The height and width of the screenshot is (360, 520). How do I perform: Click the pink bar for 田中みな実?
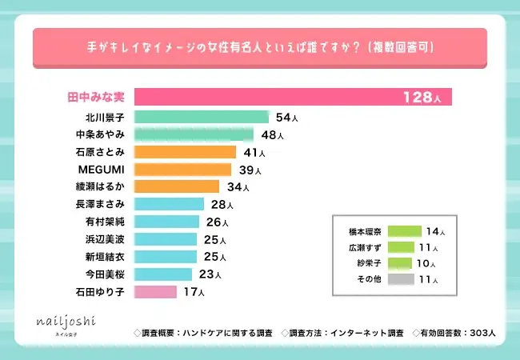coord(293,97)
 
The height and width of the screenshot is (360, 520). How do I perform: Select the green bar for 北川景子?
coord(202,117)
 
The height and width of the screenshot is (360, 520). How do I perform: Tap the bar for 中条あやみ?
coord(194,134)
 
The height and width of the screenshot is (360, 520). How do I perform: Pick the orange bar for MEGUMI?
coord(182,169)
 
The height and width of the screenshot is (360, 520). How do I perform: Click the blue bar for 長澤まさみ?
coord(169,204)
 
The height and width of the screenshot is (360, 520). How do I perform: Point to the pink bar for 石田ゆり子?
coord(155,291)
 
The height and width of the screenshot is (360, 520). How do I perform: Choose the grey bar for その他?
coord(405,280)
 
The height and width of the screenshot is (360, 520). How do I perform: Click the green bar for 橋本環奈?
coord(404,231)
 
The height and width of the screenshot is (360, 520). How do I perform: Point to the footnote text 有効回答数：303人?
coord(457,332)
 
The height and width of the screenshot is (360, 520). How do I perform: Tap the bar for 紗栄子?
coord(399,263)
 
